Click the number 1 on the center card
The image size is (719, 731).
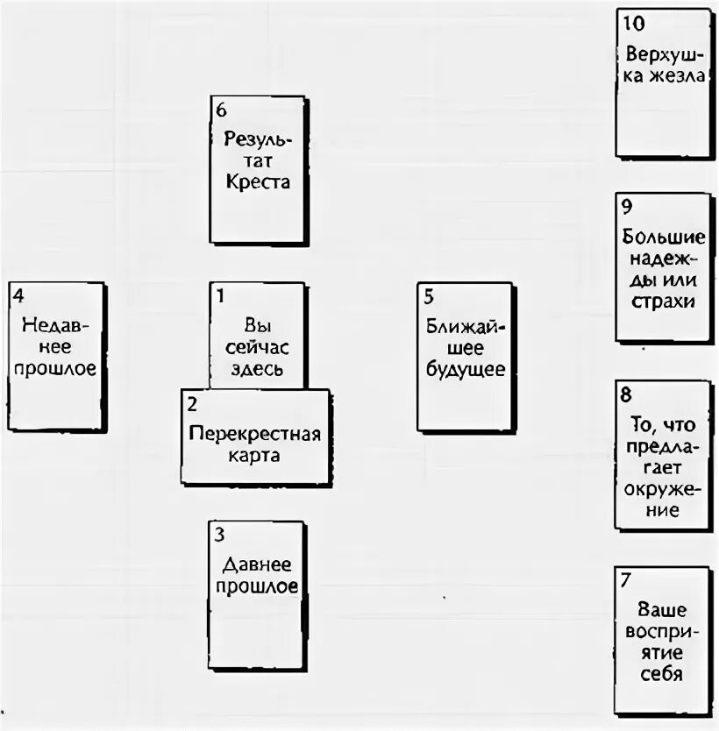(221, 295)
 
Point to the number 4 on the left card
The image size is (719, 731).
(18, 295)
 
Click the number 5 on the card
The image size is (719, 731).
(427, 295)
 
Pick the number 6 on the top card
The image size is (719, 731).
(220, 110)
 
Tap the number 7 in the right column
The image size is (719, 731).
(625, 579)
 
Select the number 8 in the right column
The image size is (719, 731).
(625, 394)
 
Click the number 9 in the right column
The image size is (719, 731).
(626, 208)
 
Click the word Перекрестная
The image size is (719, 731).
(255, 435)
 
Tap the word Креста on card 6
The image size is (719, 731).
(257, 182)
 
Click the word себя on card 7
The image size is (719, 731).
(662, 674)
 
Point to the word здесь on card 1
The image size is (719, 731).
(257, 368)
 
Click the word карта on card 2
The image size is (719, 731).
(256, 456)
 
